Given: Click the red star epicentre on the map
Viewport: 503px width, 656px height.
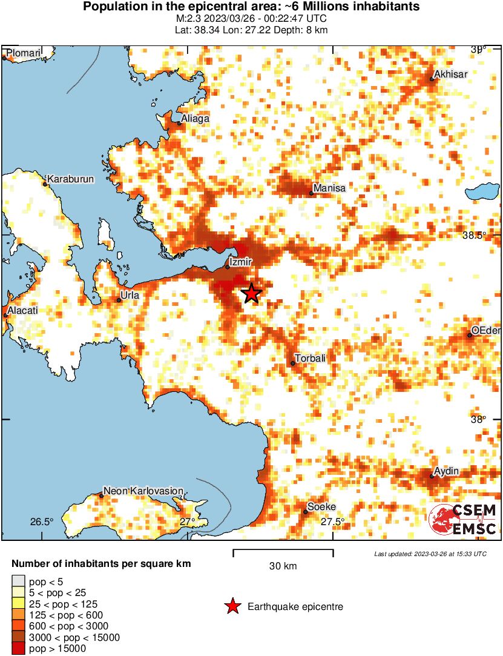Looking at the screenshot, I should [252, 293].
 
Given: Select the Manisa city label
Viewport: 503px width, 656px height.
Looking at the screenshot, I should [329, 188].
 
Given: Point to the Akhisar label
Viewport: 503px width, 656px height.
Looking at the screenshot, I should [452, 75].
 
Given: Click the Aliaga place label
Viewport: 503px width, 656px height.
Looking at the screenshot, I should [195, 119].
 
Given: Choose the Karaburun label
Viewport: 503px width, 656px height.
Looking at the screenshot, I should [70, 179].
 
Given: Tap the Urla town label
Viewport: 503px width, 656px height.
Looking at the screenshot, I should [130, 295].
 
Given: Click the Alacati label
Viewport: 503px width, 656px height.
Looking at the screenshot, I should [22, 310].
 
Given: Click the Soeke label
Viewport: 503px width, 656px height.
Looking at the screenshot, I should [321, 507].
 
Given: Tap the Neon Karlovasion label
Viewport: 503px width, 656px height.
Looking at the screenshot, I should [143, 491].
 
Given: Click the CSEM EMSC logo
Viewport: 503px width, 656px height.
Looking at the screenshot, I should [463, 519].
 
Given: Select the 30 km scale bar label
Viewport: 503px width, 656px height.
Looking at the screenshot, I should [283, 566].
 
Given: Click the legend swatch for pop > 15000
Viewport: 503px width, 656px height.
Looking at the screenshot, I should [18, 648].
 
